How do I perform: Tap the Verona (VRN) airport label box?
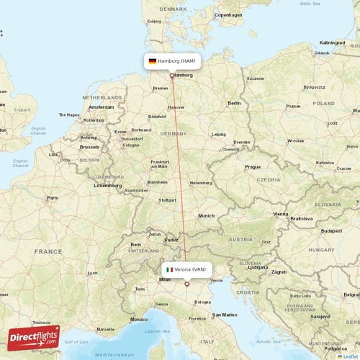[x=186, y=269]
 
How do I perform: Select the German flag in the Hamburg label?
[x=153, y=61]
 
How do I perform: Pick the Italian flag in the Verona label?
[x=169, y=269]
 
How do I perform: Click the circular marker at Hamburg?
[x=171, y=75]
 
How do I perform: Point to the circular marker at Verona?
[x=186, y=283]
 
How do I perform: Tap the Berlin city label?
[x=234, y=104]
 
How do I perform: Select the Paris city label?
[x=53, y=197]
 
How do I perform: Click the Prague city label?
[x=252, y=166]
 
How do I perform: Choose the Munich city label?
[x=207, y=215]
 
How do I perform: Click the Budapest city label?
[x=331, y=230]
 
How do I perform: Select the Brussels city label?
[x=90, y=146]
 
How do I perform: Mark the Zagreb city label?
[x=279, y=272]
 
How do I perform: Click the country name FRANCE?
[x=48, y=252]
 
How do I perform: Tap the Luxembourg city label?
[x=107, y=185]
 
